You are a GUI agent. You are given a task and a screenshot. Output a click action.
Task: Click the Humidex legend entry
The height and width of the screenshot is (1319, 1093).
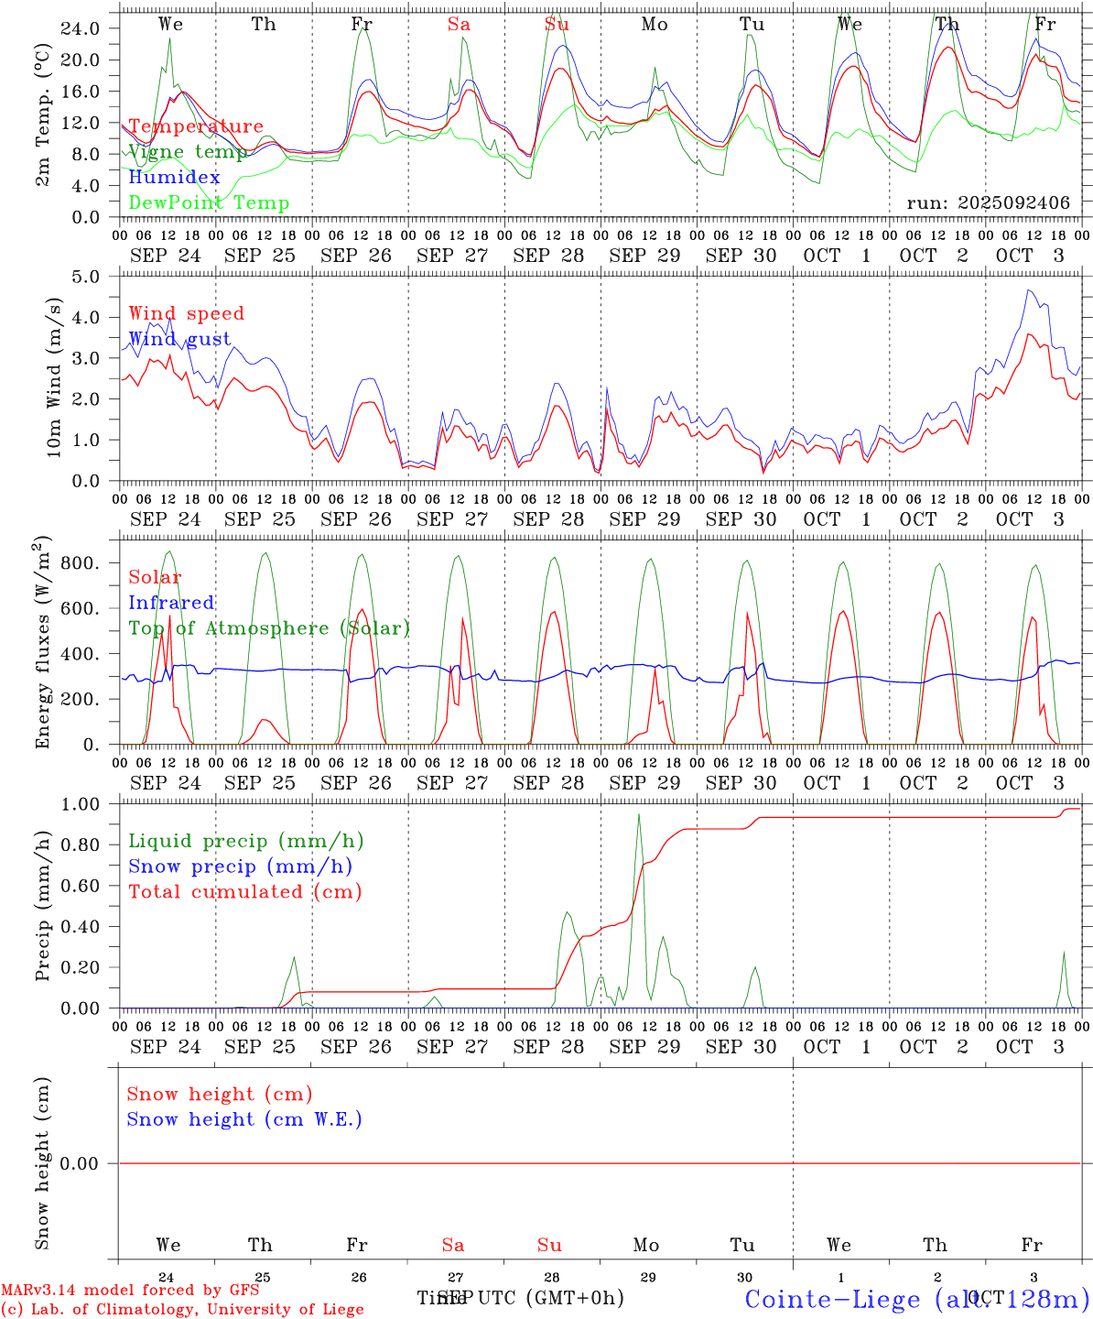[174, 178]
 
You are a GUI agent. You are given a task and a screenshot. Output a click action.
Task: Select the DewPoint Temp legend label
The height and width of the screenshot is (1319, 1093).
[209, 203]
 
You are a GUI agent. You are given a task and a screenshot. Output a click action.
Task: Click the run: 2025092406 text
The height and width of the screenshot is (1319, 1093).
[988, 203]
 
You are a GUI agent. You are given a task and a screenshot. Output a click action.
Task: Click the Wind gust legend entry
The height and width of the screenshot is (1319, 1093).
[179, 340]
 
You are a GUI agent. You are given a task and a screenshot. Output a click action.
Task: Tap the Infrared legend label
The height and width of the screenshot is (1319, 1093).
[171, 603]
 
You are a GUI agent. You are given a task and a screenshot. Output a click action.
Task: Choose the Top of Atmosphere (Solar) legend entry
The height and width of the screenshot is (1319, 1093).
[269, 628]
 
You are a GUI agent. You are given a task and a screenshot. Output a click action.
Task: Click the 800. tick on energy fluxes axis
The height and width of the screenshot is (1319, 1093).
[80, 563]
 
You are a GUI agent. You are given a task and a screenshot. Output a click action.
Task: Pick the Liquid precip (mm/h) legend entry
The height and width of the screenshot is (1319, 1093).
[245, 841]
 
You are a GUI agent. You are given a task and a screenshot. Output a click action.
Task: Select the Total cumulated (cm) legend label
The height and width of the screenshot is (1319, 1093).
[245, 892]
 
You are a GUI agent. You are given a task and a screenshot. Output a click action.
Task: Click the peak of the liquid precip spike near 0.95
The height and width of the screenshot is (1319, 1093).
[639, 814]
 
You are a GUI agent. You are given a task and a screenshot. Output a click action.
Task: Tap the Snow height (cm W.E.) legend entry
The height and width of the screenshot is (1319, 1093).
[244, 1119]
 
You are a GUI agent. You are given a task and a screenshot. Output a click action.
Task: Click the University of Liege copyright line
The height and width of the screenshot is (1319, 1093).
[182, 1310]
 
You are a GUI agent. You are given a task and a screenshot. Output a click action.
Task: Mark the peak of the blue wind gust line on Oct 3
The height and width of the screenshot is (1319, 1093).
[1030, 290]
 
